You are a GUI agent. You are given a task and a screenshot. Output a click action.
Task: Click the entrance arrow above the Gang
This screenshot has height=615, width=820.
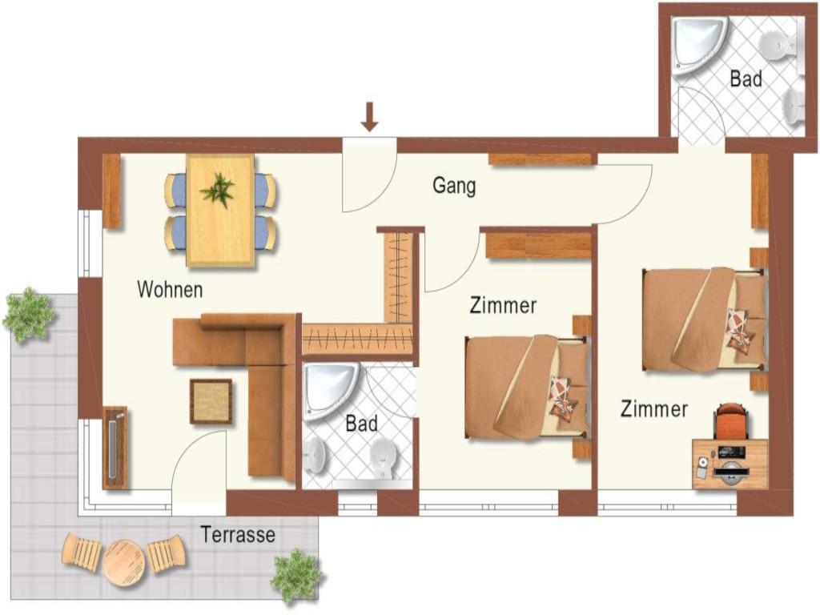(370, 116)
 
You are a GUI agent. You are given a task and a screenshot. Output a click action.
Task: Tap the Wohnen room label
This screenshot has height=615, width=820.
(170, 289)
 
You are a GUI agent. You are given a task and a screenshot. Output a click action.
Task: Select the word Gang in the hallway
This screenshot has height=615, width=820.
(454, 186)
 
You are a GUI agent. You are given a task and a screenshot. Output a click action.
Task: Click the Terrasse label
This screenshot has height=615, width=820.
(238, 534)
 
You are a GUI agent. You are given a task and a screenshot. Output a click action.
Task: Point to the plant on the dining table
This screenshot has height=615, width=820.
(218, 189)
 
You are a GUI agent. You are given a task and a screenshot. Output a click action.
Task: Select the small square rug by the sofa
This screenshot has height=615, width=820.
(211, 401)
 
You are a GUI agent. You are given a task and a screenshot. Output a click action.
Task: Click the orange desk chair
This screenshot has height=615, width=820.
(731, 421)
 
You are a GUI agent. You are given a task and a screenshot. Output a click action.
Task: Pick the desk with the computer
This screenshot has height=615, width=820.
(730, 464)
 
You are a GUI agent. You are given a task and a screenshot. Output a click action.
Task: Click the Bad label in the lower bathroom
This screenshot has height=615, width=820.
(361, 424)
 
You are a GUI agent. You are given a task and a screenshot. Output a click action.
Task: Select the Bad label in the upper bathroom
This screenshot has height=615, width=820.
(746, 79)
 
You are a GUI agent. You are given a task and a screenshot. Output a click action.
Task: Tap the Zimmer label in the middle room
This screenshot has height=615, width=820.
(503, 305)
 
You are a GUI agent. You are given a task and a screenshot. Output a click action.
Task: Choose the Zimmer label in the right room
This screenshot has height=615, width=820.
(654, 408)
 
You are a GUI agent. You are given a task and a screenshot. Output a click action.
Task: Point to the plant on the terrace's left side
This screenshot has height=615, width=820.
(30, 314)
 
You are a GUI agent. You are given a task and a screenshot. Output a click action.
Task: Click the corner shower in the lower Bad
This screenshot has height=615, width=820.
(330, 391)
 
